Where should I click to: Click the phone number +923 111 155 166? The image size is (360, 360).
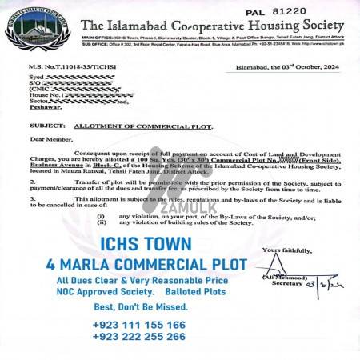(x=139, y=325)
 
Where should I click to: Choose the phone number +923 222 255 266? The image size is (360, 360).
(x=139, y=337)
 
